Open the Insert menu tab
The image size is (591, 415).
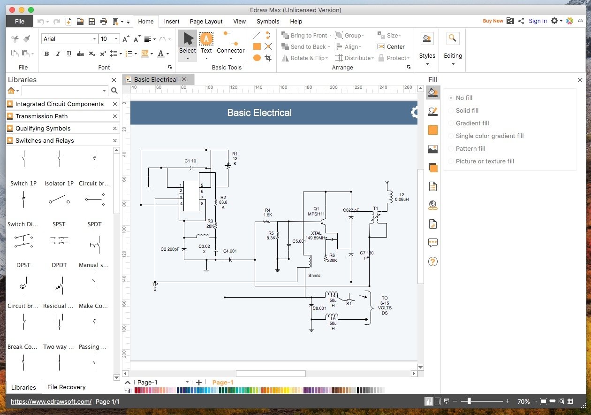[172, 22]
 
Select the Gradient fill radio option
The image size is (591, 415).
[451, 123]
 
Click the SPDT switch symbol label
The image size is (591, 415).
[94, 224]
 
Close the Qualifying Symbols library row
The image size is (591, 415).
[115, 128]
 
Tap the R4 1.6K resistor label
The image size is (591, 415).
[267, 213]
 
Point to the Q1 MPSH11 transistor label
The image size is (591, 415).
[316, 211]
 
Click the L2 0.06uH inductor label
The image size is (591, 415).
[402, 197]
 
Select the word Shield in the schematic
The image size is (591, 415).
[314, 276]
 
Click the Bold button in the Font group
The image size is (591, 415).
[47, 54]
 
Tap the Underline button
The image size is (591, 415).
[69, 54]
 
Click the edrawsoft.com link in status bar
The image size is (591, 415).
[51, 401]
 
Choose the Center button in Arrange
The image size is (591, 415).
[391, 47]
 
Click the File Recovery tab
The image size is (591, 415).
[67, 387]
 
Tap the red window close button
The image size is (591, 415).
[12, 10]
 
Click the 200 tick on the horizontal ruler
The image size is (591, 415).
[333, 87]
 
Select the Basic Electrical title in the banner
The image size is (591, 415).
[259, 113]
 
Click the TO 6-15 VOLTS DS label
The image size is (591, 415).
[385, 306]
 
